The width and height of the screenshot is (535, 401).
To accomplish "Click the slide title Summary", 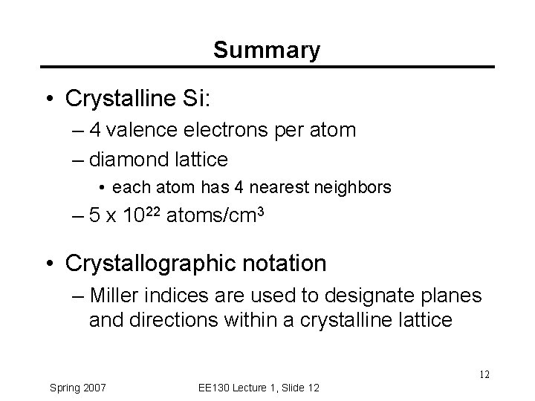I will coord(267,50).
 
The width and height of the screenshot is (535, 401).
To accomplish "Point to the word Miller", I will coord(111,296).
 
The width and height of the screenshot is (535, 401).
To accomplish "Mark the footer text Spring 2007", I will coord(78,387).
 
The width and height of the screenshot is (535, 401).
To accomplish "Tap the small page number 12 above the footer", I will coord(484,374).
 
